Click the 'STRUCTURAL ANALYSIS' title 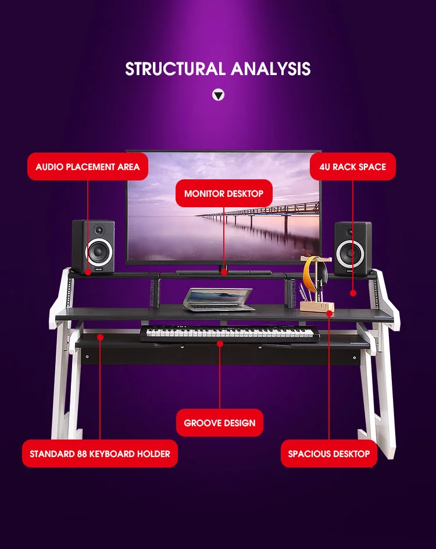[x=218, y=69]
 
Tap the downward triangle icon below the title [x=218, y=95]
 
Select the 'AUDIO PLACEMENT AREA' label [x=88, y=167]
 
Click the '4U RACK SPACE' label [x=352, y=167]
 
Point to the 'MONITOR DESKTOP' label [x=224, y=193]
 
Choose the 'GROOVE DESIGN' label [x=220, y=423]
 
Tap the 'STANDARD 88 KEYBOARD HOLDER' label [x=100, y=454]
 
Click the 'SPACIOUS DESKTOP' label [x=329, y=454]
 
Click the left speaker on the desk [x=93, y=246]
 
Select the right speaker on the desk [x=352, y=247]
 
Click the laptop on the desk [x=218, y=300]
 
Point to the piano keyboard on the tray [x=230, y=334]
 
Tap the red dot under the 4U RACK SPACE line [x=352, y=293]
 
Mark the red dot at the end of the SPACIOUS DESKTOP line [x=329, y=313]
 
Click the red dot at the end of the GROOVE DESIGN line [x=220, y=343]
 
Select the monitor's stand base [x=223, y=271]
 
